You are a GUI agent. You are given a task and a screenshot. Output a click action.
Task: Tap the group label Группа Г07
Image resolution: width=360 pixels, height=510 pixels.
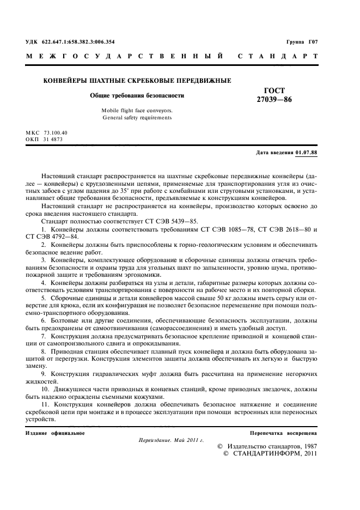tap(302, 42)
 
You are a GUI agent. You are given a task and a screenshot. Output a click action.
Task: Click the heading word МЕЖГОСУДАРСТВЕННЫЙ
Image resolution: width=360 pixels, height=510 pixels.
tap(124, 56)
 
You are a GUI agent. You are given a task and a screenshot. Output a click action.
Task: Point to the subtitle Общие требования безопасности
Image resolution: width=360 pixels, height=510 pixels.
tap(137, 95)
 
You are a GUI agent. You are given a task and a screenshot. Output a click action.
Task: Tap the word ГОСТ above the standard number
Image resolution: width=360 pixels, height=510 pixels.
tap(274, 90)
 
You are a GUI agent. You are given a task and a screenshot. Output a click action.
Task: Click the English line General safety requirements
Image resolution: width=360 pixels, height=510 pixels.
tap(137, 117)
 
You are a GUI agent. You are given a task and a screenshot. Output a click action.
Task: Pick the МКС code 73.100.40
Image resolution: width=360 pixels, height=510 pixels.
tap(56, 133)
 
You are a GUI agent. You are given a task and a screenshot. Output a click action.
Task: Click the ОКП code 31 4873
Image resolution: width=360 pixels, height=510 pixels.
tap(53, 139)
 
